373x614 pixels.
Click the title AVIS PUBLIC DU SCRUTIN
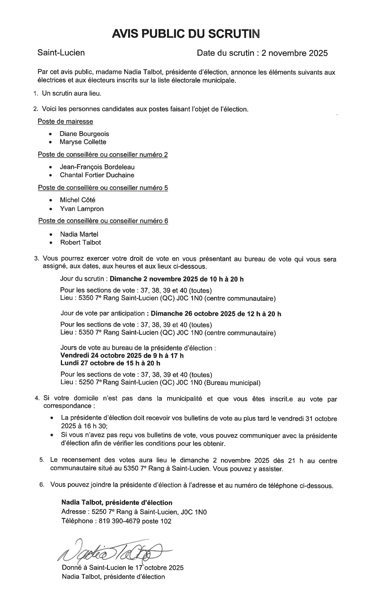186,34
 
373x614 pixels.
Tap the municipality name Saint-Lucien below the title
61,53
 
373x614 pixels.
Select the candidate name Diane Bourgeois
84,134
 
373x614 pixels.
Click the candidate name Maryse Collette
83,142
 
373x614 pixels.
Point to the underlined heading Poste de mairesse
65,121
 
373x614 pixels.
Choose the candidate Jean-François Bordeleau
97,167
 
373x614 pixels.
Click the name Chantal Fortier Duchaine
97,175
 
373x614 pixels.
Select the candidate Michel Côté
78,200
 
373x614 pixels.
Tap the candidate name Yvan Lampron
82,209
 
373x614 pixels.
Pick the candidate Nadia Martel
79,234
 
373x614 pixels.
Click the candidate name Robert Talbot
80,242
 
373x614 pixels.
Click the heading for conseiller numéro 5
103,188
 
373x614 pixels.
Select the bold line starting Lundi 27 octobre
110,363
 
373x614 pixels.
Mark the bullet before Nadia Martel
51,234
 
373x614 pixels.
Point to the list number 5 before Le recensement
42,460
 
